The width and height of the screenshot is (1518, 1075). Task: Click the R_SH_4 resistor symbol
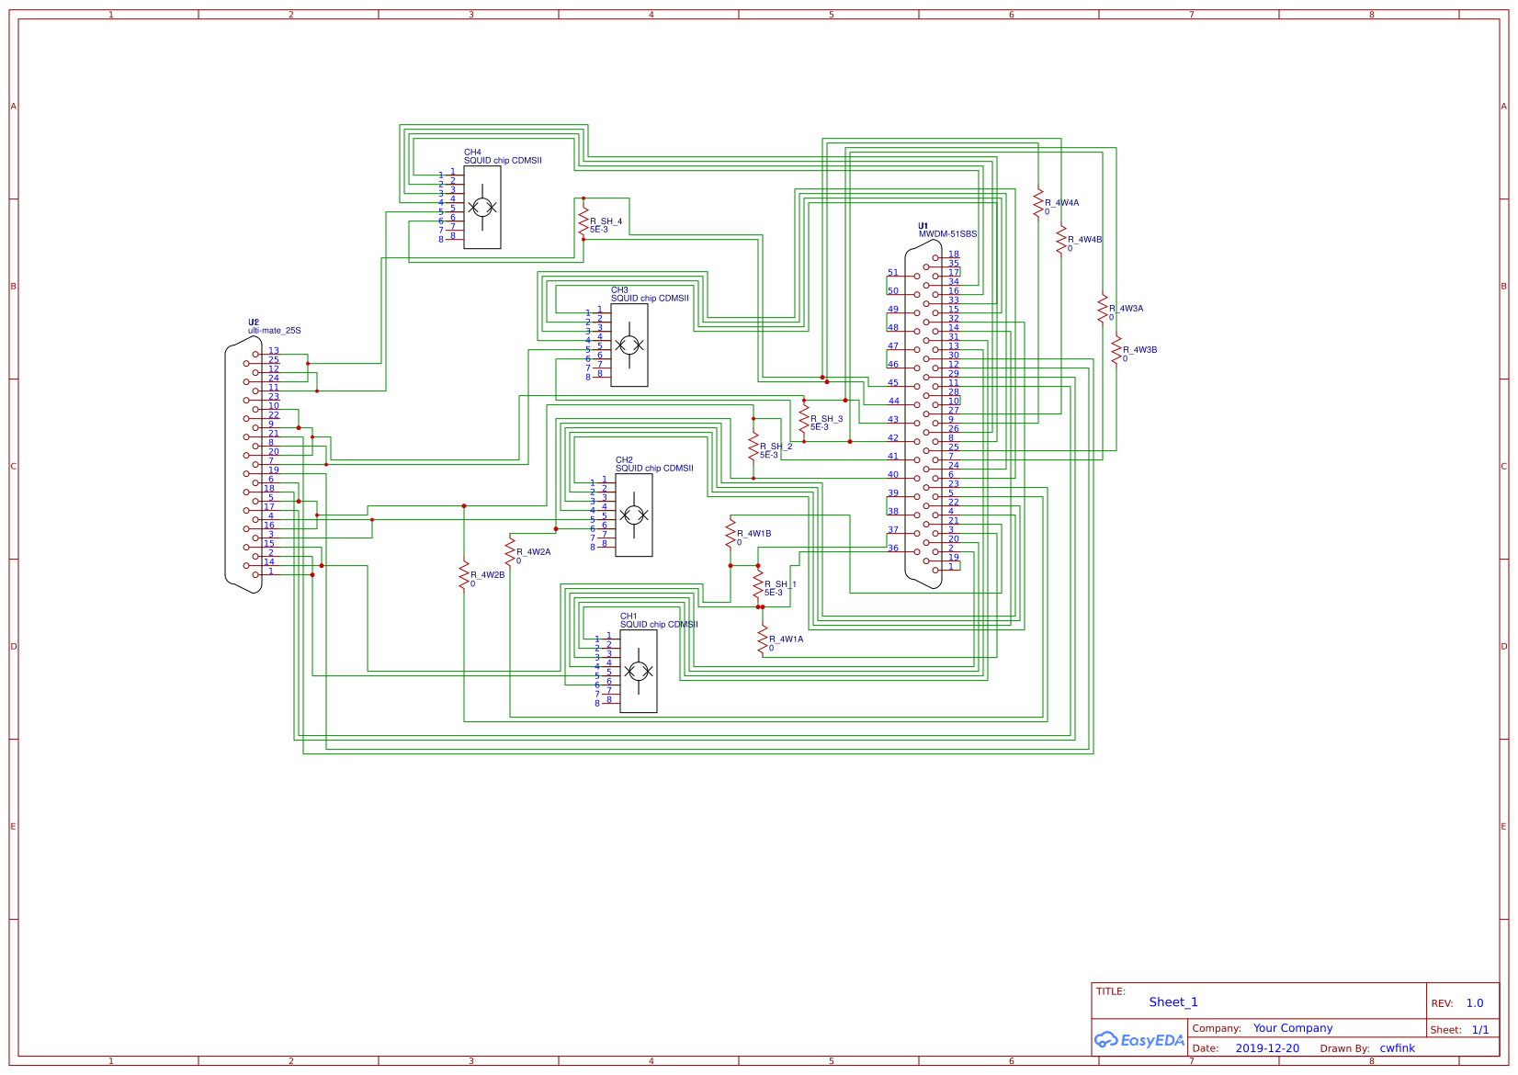(x=583, y=221)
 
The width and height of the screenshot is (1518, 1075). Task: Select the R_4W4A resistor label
(x=1061, y=203)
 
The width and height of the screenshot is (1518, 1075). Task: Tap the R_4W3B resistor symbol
(x=1116, y=350)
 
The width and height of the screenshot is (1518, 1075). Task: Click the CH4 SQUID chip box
(x=482, y=208)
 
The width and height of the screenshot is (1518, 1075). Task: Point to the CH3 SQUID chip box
(x=629, y=345)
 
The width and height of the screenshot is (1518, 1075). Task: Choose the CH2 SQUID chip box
(x=634, y=515)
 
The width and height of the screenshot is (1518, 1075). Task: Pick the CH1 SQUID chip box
(x=639, y=672)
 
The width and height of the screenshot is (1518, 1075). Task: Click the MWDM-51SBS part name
(x=947, y=234)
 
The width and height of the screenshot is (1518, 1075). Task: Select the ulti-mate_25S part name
(x=274, y=331)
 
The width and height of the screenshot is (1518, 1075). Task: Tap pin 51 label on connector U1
(x=893, y=273)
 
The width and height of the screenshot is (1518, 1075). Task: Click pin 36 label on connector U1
(x=893, y=549)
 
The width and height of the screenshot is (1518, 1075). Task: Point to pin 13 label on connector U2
(x=274, y=351)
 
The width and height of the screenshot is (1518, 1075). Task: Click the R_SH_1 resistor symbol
(x=758, y=584)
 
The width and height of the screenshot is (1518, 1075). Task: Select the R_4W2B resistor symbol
(x=464, y=575)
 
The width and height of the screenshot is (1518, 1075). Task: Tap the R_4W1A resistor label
(x=786, y=639)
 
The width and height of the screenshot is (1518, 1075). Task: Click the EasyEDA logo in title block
(x=1138, y=1040)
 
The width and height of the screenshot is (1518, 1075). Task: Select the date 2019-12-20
(x=1267, y=1048)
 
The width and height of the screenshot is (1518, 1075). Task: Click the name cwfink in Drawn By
(x=1397, y=1048)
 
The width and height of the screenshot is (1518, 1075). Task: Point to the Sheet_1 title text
(x=1172, y=1002)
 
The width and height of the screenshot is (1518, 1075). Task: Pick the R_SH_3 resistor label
(x=826, y=419)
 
